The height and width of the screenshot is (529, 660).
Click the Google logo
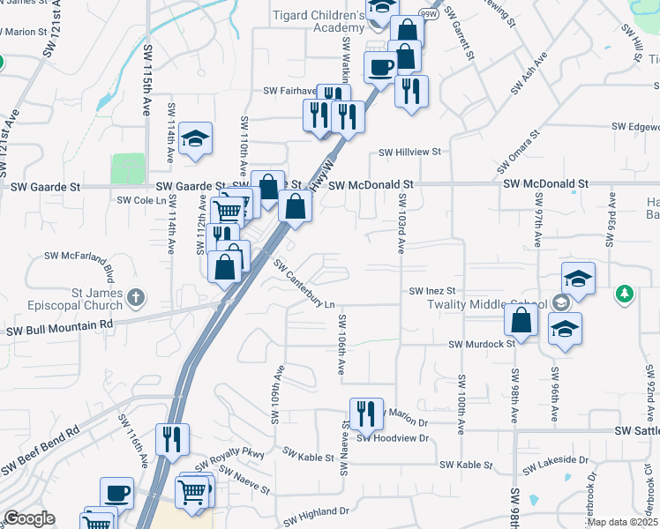click(29, 518)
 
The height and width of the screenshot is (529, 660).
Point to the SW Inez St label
click(431, 290)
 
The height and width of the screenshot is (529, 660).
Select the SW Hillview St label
click(409, 152)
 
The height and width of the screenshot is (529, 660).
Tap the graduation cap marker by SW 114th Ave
click(196, 138)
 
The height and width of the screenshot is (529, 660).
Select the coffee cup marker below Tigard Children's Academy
click(381, 66)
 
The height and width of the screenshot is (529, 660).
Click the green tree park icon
click(625, 293)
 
